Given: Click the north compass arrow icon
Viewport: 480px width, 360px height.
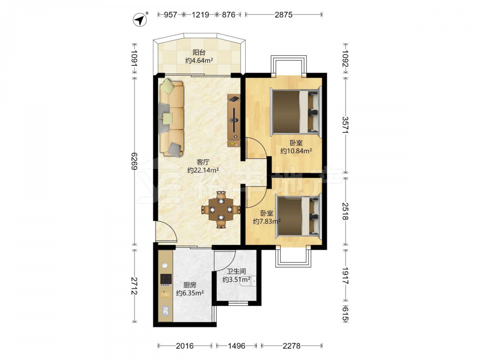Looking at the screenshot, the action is pos(140,20).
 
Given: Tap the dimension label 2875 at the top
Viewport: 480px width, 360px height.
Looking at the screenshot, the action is pos(284,14).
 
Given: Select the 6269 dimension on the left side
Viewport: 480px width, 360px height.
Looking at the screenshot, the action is pos(134,161).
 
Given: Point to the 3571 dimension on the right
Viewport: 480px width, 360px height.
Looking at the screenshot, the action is pos(345,125).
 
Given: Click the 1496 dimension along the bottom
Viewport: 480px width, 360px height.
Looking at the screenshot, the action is pos(237,346).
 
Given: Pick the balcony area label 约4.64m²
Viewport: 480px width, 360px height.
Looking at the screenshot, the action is pos(199,60).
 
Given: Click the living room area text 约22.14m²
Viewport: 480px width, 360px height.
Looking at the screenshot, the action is pos(203,170).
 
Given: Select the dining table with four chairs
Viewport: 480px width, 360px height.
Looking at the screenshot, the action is pos(221,210).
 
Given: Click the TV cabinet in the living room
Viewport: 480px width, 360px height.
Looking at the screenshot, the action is pos(234,120).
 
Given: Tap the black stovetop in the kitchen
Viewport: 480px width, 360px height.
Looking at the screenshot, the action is pos(166,279).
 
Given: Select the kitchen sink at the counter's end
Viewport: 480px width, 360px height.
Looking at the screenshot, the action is pos(165,311).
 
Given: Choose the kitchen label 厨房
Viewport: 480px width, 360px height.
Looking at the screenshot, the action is pos(190,285).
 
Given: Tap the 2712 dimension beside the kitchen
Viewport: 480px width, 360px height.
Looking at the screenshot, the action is pos(134,286).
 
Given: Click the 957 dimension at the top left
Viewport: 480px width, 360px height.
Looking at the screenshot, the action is pos(170,14).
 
